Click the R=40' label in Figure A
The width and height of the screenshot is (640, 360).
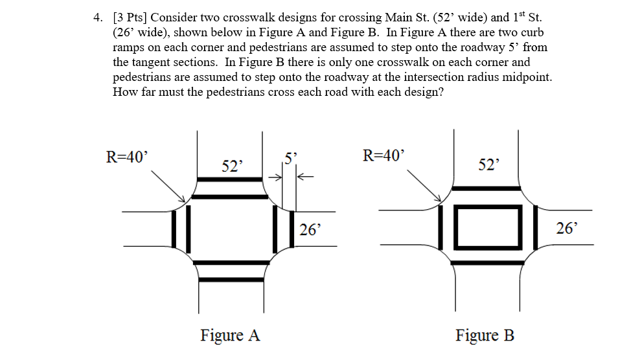click(126, 157)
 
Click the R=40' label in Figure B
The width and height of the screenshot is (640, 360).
click(383, 155)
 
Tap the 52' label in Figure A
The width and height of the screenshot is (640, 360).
click(232, 166)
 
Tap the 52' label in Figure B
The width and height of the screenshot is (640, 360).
click(488, 164)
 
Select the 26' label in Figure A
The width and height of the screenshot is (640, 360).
click(310, 230)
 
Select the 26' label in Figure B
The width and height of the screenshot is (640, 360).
click(567, 228)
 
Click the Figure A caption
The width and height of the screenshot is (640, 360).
click(230, 335)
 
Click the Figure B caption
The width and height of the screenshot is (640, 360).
click(485, 335)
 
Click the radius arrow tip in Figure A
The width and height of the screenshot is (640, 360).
click(185, 201)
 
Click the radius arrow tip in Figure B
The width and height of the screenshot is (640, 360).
click(441, 201)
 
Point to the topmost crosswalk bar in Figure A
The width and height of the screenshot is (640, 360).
click(230, 179)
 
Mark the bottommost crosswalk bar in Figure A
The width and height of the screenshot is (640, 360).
click(231, 280)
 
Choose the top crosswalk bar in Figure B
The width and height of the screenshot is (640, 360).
click(486, 188)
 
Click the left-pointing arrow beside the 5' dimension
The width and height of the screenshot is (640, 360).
click(305, 177)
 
